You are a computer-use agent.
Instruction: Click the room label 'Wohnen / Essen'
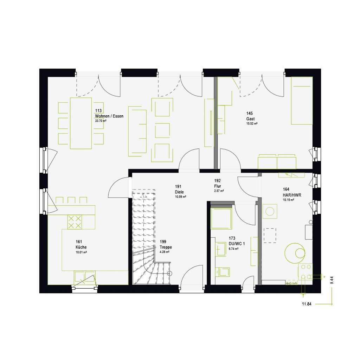click(x=109, y=116)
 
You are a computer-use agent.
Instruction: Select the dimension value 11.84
click(x=307, y=304)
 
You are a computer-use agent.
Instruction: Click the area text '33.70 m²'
click(x=101, y=121)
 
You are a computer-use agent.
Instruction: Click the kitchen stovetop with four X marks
click(x=75, y=221)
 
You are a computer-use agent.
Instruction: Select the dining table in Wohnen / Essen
click(x=82, y=123)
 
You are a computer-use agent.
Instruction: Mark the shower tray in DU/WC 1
click(x=221, y=218)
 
